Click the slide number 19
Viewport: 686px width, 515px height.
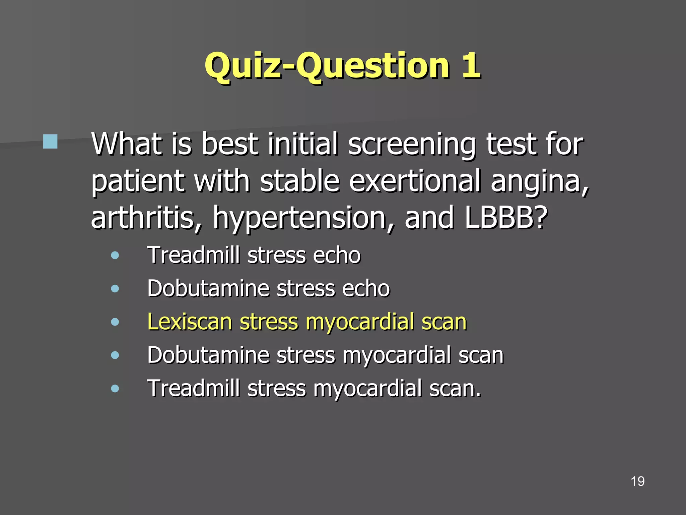(x=637, y=481)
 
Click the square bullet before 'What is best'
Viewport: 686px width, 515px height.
(x=50, y=141)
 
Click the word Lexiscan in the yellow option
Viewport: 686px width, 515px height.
(x=190, y=322)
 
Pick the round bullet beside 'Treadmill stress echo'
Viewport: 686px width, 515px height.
(x=115, y=256)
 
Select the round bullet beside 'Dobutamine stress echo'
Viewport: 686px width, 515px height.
(x=115, y=289)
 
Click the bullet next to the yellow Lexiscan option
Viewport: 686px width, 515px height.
(x=115, y=322)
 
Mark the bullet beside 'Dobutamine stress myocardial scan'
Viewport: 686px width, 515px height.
(x=115, y=355)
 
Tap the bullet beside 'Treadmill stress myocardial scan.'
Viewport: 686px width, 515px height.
(x=115, y=388)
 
